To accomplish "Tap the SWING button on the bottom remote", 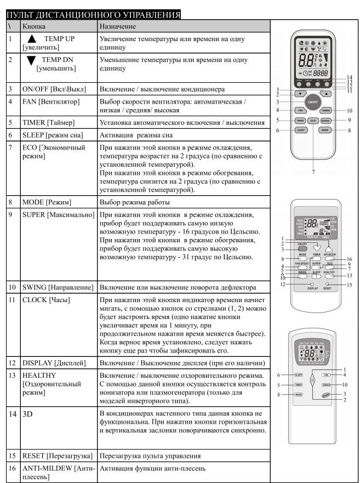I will (x=326, y=385).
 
